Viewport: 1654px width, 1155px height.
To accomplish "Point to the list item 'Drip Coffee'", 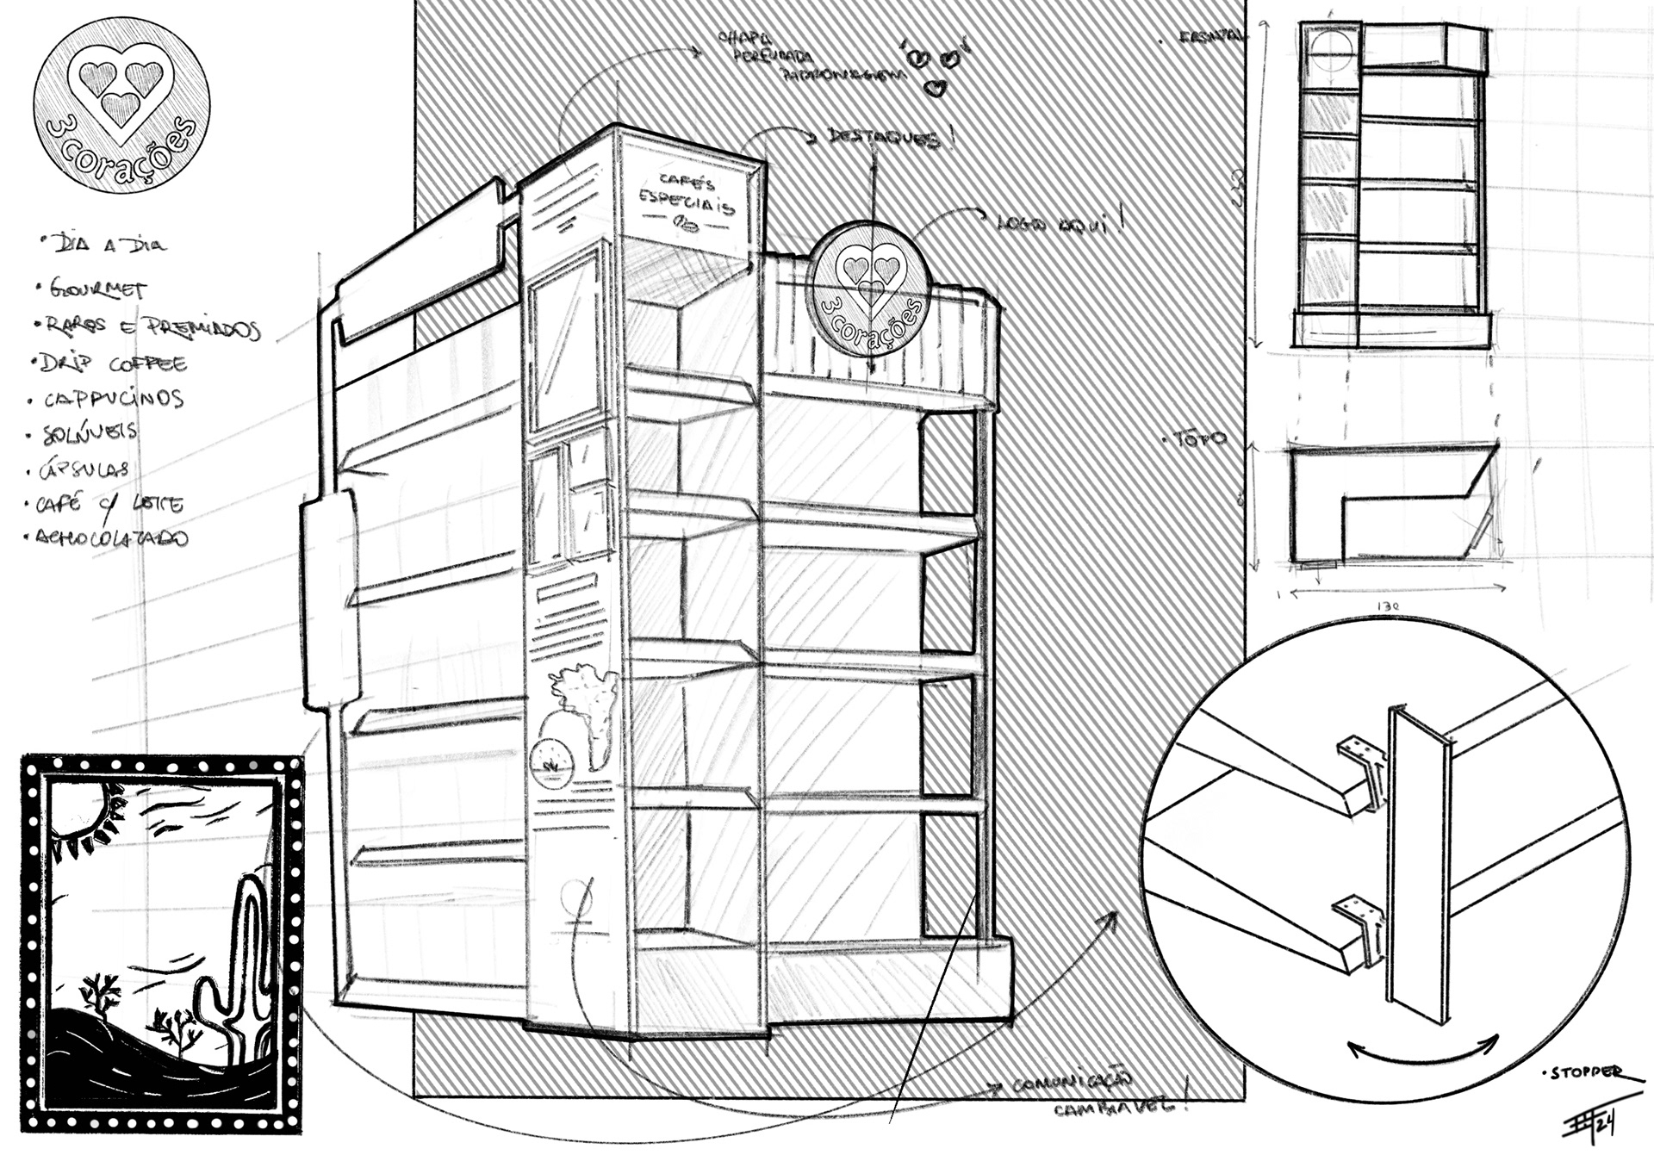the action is pos(111,363).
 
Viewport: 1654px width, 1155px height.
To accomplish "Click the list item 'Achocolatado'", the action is pos(111,538).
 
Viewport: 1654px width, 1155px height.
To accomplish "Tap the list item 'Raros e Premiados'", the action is pos(146,328).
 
